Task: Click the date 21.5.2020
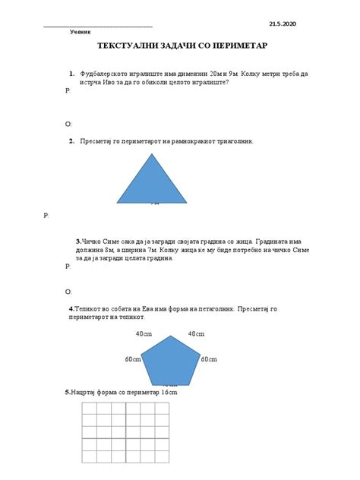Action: pyautogui.click(x=283, y=24)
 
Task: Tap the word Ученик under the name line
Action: pyautogui.click(x=80, y=33)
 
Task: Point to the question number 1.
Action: pyautogui.click(x=71, y=74)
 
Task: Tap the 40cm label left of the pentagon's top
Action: pyautogui.click(x=144, y=334)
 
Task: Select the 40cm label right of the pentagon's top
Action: pyautogui.click(x=196, y=334)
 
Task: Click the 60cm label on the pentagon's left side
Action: pyautogui.click(x=132, y=358)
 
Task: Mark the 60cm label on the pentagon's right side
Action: pyautogui.click(x=209, y=358)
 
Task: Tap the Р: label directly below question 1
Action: pyautogui.click(x=68, y=90)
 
